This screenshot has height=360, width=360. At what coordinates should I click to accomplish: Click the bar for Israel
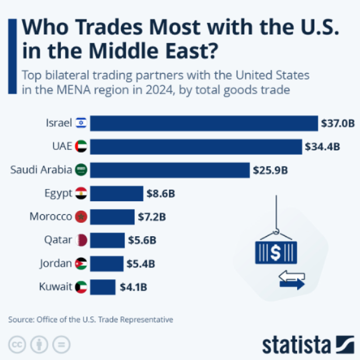204,123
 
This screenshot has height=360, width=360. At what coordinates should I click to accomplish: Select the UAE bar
196,146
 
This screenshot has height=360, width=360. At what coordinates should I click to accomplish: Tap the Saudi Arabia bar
170,169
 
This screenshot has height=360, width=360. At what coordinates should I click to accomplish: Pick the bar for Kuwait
103,287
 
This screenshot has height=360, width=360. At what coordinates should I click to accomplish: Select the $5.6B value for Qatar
142,240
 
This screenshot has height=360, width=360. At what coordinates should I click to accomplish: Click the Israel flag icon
80,123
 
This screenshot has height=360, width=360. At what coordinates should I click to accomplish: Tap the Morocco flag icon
81,217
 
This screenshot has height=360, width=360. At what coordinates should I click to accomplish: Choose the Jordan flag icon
81,264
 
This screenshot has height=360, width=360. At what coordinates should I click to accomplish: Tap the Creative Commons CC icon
17,344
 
